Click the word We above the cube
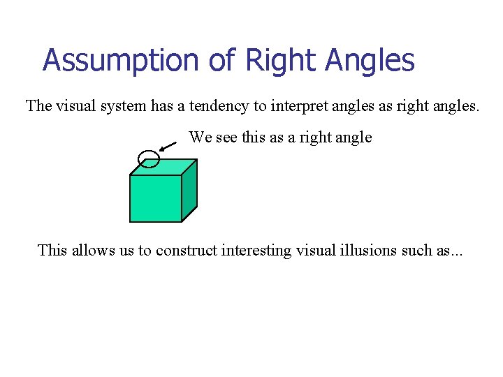(200, 137)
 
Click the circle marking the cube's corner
(149, 160)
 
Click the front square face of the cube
(156, 198)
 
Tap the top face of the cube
(164, 167)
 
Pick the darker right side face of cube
(189, 190)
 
